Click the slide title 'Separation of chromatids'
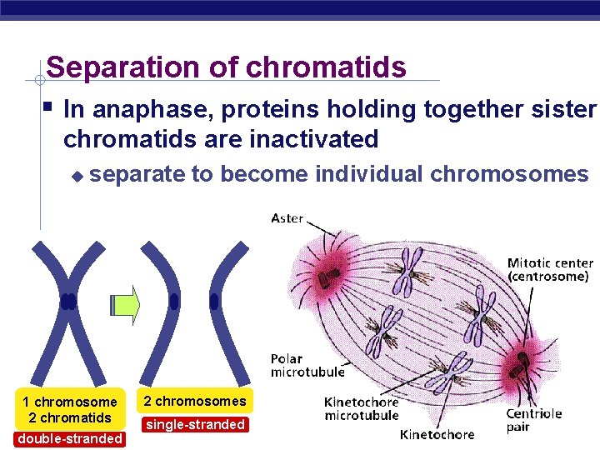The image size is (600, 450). pos(226,67)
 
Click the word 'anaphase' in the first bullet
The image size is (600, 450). pos(142,110)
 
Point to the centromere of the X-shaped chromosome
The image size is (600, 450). pos(68,301)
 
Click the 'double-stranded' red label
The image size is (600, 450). pos(69,439)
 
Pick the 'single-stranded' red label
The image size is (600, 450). pos(195,424)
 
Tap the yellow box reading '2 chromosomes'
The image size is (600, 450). pos(195,402)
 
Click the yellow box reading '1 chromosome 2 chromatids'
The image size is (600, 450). pos(69,409)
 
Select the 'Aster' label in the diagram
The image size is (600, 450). pos(287,218)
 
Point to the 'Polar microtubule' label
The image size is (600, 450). pos(297,365)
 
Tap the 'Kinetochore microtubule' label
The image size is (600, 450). pos(361,408)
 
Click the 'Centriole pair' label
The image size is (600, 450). pos(534,420)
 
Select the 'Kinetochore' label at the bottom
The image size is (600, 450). pos(437,434)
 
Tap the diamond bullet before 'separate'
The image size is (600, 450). pos(77,176)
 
